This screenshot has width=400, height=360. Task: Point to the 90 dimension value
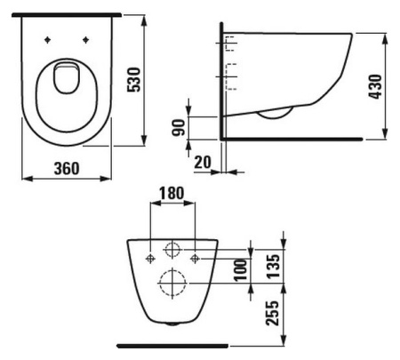coord(180,127)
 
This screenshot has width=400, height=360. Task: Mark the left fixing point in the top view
coord(45,40)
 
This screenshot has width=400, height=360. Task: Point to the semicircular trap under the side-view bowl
coord(276,112)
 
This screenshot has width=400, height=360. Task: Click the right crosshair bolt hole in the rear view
coord(196,257)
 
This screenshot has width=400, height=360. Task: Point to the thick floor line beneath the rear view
coord(172,343)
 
